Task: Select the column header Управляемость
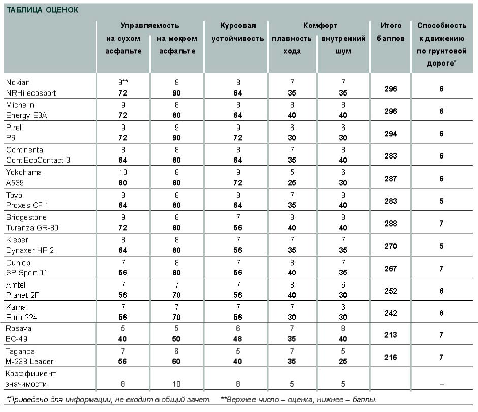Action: (x=150, y=25)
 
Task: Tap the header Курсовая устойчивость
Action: (x=238, y=32)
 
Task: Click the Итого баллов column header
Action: (x=391, y=32)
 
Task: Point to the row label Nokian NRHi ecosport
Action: (x=31, y=87)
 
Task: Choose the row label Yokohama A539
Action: (x=24, y=177)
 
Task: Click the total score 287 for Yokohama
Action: (x=391, y=178)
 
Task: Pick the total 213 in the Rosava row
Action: (x=391, y=335)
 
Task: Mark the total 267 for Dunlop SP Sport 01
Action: (x=391, y=268)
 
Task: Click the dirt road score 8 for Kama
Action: (x=441, y=313)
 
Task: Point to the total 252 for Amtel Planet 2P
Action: (x=391, y=291)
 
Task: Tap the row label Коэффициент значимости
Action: (x=31, y=379)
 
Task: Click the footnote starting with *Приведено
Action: (x=108, y=400)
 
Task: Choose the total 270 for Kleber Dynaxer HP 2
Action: (x=391, y=246)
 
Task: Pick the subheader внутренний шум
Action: (x=343, y=45)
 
